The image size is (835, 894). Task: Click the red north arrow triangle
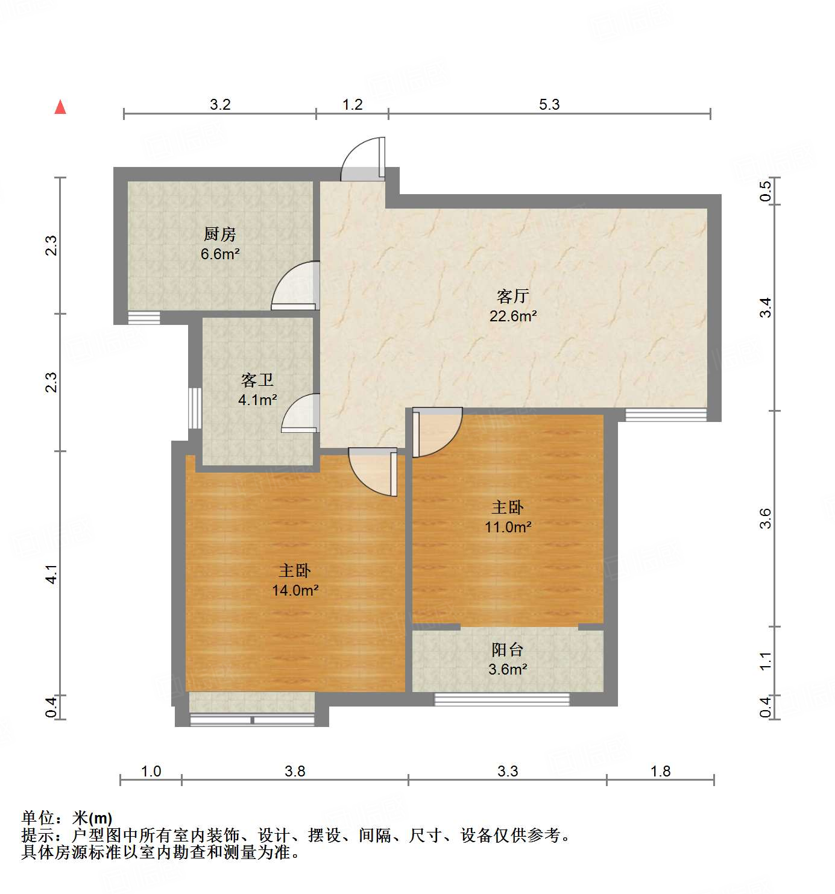point(60,107)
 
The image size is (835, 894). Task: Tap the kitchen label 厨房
point(220,234)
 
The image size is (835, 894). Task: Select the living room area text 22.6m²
point(513,316)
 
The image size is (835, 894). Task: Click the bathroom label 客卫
point(257,380)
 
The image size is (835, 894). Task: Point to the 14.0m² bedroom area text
point(295,590)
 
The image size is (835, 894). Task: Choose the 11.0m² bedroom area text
point(508,527)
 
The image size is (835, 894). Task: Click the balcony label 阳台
point(508,649)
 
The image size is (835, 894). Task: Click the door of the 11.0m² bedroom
point(435,430)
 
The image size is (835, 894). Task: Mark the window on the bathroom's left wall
point(195,408)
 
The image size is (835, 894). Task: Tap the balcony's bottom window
point(502,699)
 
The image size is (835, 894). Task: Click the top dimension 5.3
point(549,104)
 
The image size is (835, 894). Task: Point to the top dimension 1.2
point(353,104)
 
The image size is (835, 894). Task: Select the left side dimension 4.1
point(52,573)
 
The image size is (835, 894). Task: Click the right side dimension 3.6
point(765,518)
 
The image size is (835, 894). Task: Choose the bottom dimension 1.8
point(661,771)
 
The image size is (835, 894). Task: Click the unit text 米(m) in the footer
point(92,818)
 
